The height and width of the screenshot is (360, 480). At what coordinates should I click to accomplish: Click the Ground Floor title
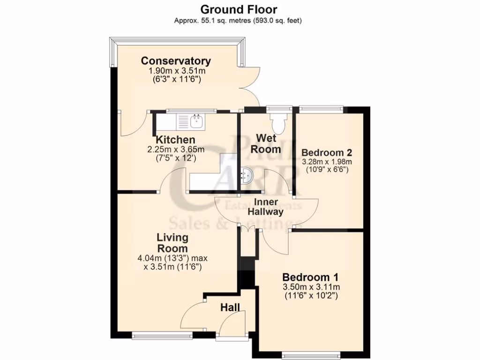[239, 9]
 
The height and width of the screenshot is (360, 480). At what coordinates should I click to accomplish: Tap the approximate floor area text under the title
[239, 21]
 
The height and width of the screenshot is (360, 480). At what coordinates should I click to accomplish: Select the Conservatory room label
[176, 61]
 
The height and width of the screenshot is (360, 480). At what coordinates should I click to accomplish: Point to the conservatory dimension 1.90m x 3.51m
[177, 71]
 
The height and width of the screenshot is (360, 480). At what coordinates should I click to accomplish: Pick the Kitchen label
[175, 140]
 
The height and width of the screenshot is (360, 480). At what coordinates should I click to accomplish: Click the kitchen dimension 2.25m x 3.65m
[176, 150]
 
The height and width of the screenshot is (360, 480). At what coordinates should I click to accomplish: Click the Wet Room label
[268, 143]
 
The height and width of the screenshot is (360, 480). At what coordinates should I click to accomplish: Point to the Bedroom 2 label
[327, 153]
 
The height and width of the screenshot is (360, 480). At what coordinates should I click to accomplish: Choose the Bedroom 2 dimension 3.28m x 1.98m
[327, 162]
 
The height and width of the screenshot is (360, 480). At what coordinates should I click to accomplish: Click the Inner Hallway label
[269, 207]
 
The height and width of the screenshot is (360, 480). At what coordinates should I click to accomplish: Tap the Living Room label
[172, 243]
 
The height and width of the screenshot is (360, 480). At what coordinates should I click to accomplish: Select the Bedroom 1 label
[310, 276]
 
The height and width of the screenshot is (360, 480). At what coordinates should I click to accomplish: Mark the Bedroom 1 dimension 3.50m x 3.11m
[311, 287]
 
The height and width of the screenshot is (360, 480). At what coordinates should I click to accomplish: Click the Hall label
[230, 308]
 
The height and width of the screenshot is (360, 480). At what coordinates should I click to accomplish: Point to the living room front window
[162, 335]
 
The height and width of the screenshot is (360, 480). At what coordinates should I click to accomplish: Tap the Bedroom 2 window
[322, 109]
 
